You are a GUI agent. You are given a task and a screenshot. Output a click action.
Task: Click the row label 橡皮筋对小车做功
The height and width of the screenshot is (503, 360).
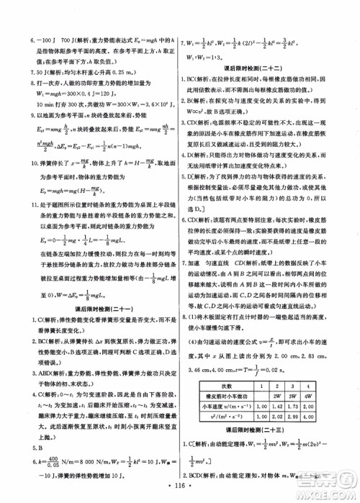pyautogui.click(x=221, y=395)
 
